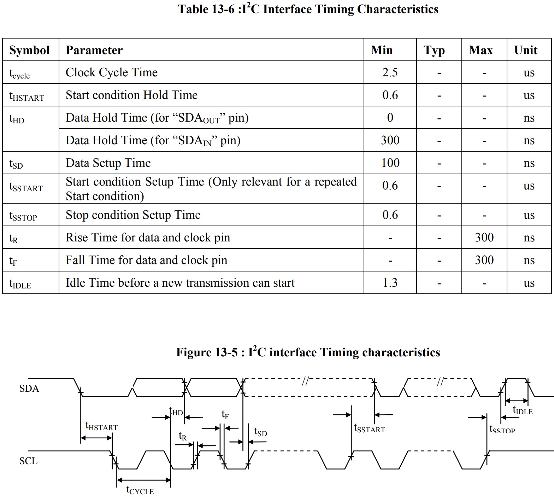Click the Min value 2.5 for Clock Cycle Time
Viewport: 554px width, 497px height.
click(x=390, y=72)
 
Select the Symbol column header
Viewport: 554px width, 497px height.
click(x=29, y=50)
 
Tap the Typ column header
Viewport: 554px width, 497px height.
click(x=434, y=50)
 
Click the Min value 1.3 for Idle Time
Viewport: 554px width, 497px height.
click(x=390, y=283)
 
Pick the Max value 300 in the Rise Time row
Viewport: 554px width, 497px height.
click(x=484, y=238)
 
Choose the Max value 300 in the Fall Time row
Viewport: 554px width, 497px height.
click(x=484, y=260)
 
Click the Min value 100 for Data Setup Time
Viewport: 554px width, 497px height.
click(x=390, y=163)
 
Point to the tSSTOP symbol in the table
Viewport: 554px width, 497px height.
click(x=23, y=216)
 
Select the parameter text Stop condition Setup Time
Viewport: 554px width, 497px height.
click(x=133, y=215)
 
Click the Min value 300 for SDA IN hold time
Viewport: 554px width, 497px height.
click(x=390, y=140)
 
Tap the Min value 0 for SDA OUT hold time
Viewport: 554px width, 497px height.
click(x=390, y=118)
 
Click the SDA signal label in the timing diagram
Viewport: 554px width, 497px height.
click(x=29, y=388)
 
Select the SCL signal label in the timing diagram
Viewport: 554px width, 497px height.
click(x=28, y=461)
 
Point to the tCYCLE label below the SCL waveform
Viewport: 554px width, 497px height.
click(x=140, y=490)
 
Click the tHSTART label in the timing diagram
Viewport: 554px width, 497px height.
click(x=101, y=426)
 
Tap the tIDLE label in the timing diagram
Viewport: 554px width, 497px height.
click(x=523, y=410)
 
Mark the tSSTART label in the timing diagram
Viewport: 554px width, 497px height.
click(x=369, y=428)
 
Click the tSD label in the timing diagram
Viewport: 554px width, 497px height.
click(x=260, y=432)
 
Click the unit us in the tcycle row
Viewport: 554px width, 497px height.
click(x=529, y=72)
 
